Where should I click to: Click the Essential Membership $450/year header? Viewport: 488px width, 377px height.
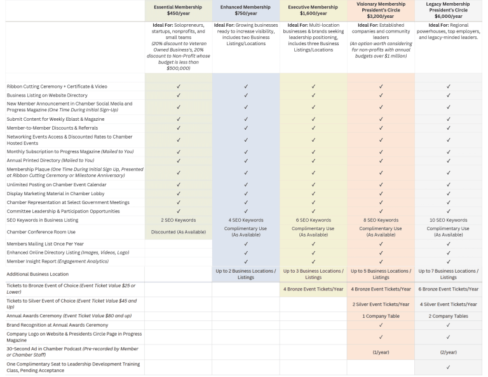[x=178, y=10]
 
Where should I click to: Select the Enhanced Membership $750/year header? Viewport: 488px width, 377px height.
[x=245, y=10]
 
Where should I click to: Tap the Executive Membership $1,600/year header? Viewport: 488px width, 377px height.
[x=313, y=10]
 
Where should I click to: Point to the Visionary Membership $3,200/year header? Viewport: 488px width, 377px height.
[x=381, y=10]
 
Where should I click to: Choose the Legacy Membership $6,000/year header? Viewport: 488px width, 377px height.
[x=448, y=10]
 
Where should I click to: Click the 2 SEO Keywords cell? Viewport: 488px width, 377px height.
[x=178, y=220]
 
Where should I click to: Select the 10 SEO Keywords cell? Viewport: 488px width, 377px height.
[x=448, y=220]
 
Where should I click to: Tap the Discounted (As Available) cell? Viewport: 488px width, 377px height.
[x=178, y=232]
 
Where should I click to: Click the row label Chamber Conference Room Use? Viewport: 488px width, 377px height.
[x=41, y=232]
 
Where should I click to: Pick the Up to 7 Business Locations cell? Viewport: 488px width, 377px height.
[x=448, y=274]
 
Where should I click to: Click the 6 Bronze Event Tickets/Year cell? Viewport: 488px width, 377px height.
[x=448, y=289]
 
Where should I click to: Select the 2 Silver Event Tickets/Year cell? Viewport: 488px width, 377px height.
[x=381, y=305]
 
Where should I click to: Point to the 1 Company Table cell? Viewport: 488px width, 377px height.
[x=381, y=316]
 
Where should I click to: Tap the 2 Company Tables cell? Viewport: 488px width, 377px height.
[x=448, y=316]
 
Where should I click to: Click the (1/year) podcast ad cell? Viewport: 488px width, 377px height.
[x=381, y=352]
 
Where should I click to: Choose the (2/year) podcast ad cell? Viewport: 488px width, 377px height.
[x=448, y=352]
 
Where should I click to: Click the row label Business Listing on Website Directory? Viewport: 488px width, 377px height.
[x=47, y=95]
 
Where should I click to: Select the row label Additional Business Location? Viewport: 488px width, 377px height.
[x=37, y=274]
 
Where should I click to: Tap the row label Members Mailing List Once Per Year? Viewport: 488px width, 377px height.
[x=45, y=243]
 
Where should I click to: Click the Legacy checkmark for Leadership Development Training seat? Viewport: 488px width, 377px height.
[x=448, y=367]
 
